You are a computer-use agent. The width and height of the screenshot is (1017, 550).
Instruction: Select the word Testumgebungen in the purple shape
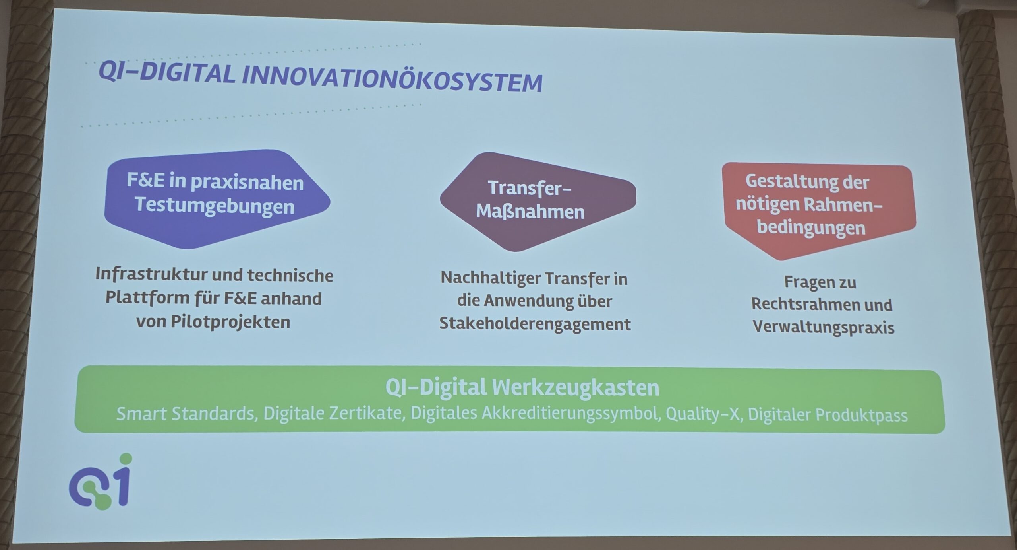[x=215, y=206]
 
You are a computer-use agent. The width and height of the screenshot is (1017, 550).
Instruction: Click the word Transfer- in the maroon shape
[x=530, y=188]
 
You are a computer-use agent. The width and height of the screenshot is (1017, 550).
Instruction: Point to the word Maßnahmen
[x=530, y=212]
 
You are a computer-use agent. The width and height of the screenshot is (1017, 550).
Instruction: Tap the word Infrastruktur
[x=159, y=274]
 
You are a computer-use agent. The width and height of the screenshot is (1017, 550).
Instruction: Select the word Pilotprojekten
[x=230, y=322]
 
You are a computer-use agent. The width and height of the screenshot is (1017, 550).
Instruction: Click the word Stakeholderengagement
[x=535, y=324]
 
